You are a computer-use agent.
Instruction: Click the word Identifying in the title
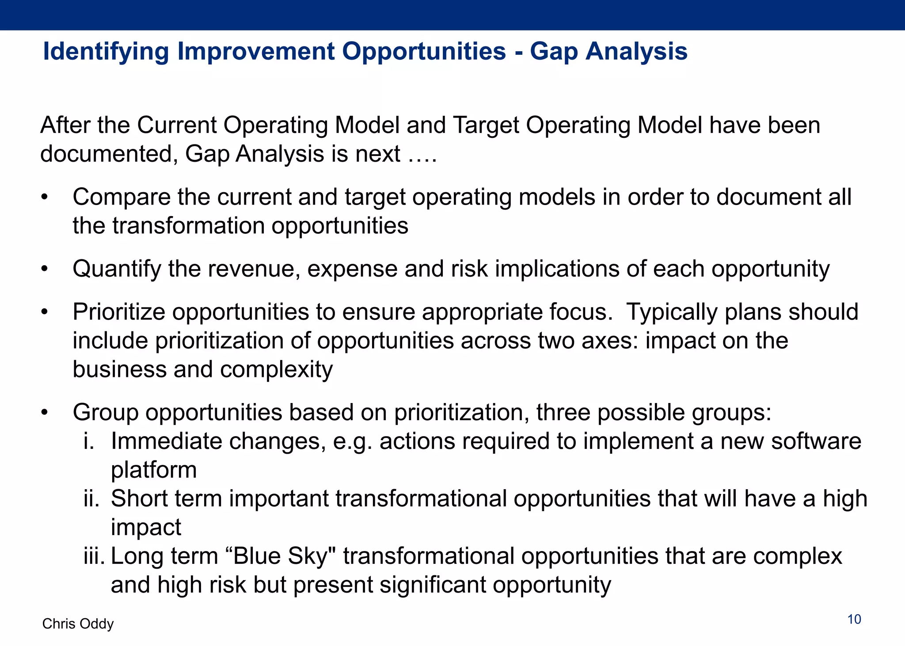point(106,51)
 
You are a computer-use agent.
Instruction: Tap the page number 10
point(854,619)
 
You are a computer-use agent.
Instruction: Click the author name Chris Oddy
point(78,624)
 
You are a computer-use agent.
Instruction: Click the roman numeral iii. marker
point(94,556)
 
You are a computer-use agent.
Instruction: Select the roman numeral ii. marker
point(91,498)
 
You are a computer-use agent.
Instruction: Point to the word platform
point(153,470)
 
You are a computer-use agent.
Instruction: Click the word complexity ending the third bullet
point(276,369)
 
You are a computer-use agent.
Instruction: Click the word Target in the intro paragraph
point(486,125)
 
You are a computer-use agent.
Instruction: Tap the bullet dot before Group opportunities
point(44,413)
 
